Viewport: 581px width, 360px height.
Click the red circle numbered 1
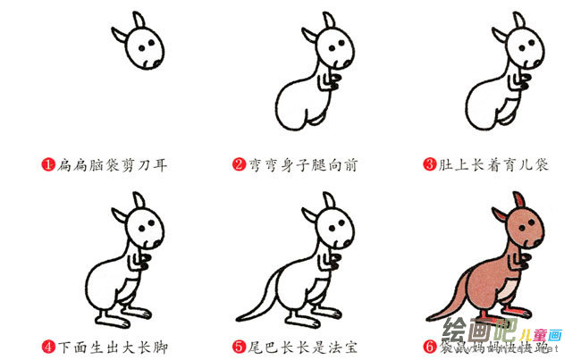click(47, 164)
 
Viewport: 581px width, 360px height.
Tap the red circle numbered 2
click(239, 164)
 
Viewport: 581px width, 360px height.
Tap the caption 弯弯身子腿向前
click(301, 164)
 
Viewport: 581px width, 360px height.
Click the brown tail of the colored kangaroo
click(447, 299)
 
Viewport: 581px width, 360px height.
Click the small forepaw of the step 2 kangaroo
click(333, 85)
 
